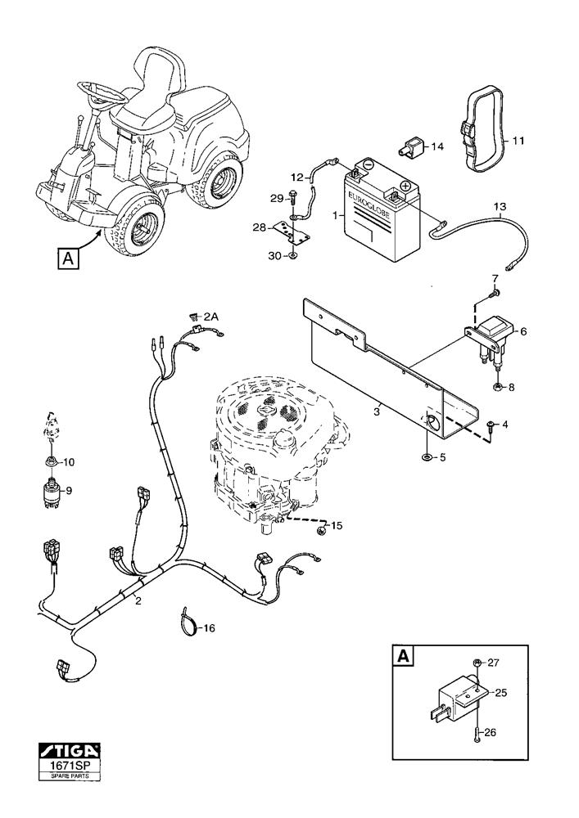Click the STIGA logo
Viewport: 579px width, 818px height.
[x=70, y=752]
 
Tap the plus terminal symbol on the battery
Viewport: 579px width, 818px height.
[x=405, y=186]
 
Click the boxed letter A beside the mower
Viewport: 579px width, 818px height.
[x=69, y=258]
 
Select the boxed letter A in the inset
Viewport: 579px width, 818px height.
[x=403, y=656]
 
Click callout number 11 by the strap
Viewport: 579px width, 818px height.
[x=518, y=141]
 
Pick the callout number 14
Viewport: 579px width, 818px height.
[x=437, y=147]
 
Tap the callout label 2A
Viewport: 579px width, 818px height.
[x=211, y=316]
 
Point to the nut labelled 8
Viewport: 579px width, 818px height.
[x=497, y=388]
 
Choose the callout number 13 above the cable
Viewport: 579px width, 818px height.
[x=500, y=207]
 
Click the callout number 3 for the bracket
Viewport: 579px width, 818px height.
[x=377, y=412]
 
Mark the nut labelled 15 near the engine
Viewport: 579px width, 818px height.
[x=320, y=532]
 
